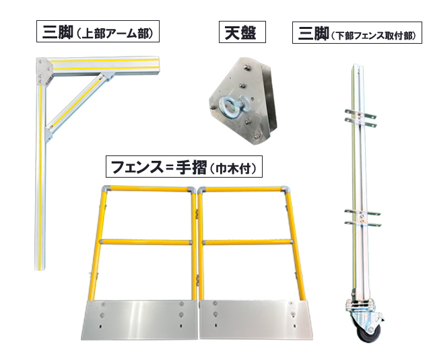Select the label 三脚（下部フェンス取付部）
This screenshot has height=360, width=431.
(x=357, y=33)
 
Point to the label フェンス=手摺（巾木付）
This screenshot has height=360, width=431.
(x=184, y=167)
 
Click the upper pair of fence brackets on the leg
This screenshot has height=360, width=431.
(x=360, y=117)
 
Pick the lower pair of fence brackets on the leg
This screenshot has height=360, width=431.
(x=362, y=217)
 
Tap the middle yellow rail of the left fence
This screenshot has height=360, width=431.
(x=145, y=242)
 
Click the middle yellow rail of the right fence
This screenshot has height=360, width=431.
(x=247, y=242)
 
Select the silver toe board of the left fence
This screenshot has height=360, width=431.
(x=139, y=320)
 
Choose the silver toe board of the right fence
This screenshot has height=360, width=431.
(x=256, y=320)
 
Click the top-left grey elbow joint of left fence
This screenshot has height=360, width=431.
(x=106, y=190)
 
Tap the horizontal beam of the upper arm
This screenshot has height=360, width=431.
(x=104, y=65)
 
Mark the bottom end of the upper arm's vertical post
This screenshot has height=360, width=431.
(x=39, y=269)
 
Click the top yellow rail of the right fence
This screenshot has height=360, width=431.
(x=244, y=189)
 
